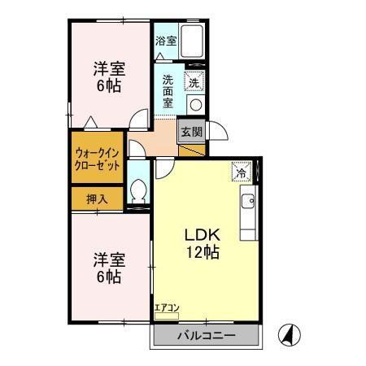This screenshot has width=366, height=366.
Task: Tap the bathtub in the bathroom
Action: (191, 41)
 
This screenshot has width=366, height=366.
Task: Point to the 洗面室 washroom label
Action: (168, 93)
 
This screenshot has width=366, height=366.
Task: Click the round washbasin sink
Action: (195, 103)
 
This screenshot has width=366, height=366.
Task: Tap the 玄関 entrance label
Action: (191, 131)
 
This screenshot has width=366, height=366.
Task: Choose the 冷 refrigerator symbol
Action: (241, 172)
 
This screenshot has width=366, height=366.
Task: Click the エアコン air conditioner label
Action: (166, 307)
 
